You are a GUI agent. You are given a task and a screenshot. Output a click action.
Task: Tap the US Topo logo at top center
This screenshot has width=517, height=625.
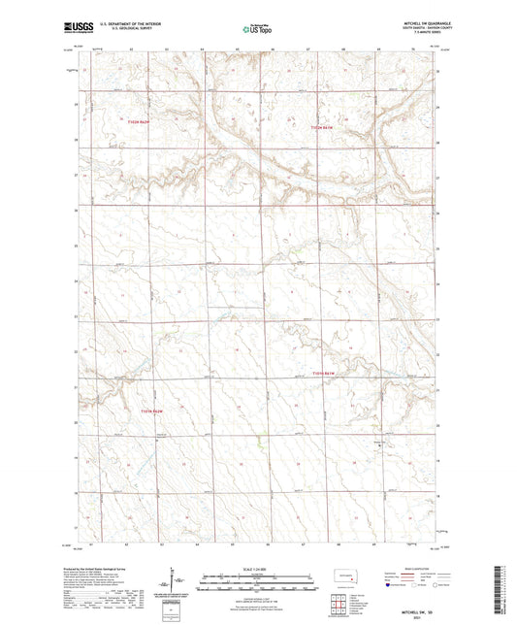257,29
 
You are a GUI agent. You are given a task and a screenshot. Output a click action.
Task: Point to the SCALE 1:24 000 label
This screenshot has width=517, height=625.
257,567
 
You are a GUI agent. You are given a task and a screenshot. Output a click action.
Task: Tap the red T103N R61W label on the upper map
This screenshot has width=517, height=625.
321,127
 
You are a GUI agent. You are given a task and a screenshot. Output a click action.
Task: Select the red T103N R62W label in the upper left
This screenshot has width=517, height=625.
141,121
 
